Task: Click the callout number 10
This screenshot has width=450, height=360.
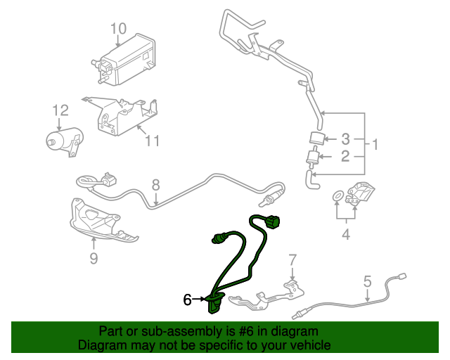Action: pyautogui.click(x=118, y=29)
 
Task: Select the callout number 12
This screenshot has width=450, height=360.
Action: pyautogui.click(x=60, y=110)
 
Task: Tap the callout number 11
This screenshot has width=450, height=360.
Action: pyautogui.click(x=153, y=141)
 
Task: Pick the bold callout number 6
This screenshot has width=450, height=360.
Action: pyautogui.click(x=188, y=300)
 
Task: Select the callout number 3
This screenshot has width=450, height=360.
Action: pyautogui.click(x=345, y=139)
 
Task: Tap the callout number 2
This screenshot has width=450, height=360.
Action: pyautogui.click(x=345, y=156)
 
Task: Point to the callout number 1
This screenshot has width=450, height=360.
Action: pyautogui.click(x=375, y=146)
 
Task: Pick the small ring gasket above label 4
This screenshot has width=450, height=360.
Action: pyautogui.click(x=337, y=194)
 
